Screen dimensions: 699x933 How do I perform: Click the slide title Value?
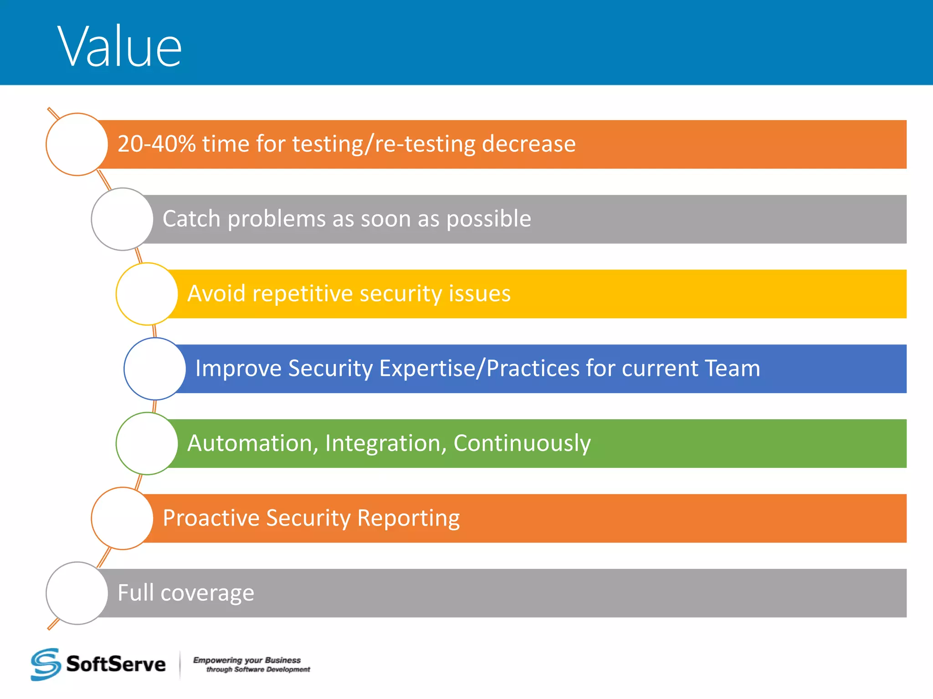tap(119, 47)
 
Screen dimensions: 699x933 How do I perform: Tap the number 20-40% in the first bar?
tap(156, 144)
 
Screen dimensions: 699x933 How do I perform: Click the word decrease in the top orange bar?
tap(528, 144)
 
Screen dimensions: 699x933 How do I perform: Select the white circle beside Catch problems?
tap(122, 219)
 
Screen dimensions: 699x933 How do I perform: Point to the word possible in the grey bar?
tap(488, 219)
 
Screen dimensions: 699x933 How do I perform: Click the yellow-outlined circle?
tap(147, 294)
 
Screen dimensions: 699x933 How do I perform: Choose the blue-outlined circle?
tap(155, 369)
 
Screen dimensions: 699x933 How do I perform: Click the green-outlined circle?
tap(147, 443)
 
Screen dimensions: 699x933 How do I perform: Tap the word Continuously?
tap(522, 443)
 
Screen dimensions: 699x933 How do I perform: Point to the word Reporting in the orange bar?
tap(408, 518)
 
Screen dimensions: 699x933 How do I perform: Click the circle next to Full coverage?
tap(77, 593)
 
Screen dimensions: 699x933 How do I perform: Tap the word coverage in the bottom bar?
tap(207, 593)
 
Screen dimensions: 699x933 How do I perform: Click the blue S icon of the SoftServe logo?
tap(46, 664)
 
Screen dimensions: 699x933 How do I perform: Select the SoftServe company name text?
tap(116, 664)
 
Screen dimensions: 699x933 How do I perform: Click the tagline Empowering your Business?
tap(247, 660)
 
